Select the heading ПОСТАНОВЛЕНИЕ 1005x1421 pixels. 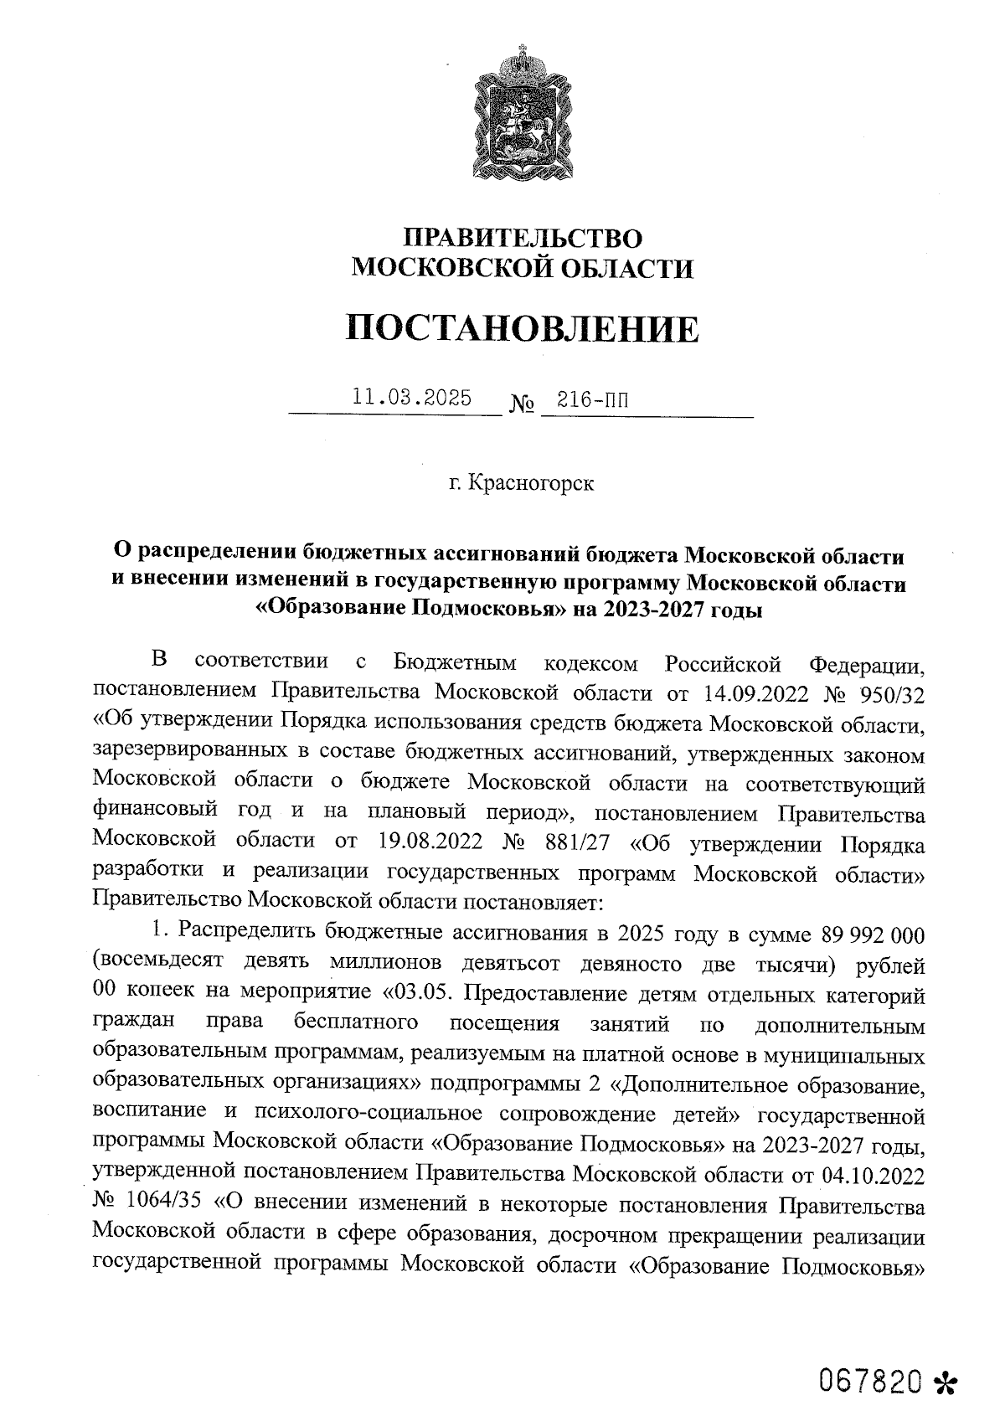(x=523, y=329)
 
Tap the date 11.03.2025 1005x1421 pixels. (x=411, y=397)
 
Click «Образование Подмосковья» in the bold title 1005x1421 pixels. (x=410, y=609)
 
